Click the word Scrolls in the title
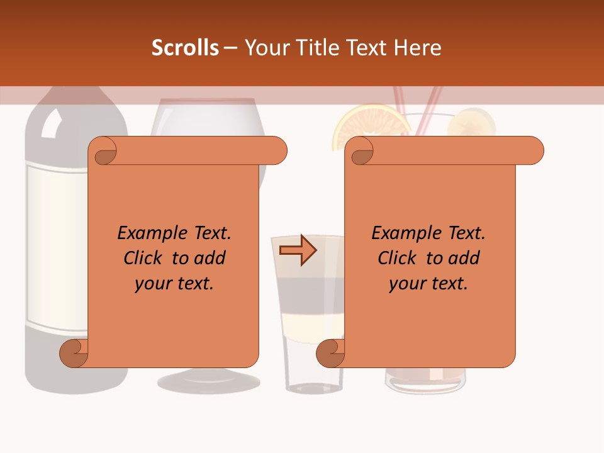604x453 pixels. [185, 48]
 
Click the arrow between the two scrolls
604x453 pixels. [298, 250]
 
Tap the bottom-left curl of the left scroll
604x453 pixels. [74, 353]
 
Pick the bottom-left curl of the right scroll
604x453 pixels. [330, 353]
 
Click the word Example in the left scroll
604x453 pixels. [147, 233]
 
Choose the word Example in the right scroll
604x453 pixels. [401, 233]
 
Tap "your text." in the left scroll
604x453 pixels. [174, 284]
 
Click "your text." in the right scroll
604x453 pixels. [428, 284]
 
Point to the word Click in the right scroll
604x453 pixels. [396, 259]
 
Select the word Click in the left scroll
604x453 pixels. [142, 259]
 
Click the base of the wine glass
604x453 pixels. [208, 381]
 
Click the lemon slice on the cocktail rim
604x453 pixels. [471, 122]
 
